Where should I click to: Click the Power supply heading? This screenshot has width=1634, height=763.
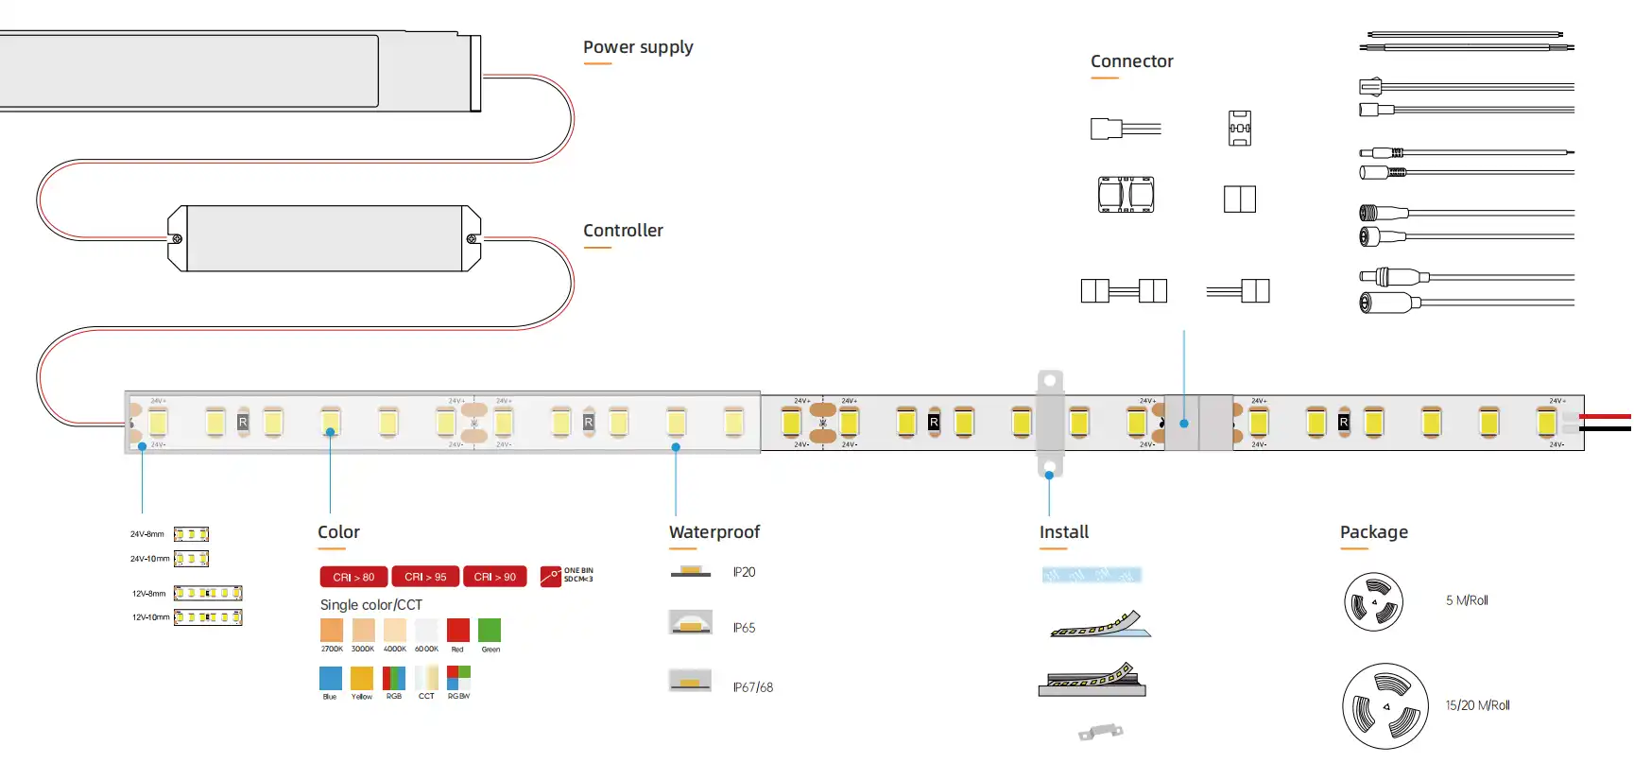[638, 47]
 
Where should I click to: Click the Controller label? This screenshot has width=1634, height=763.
[623, 231]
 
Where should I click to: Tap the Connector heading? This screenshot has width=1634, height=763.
[1131, 61]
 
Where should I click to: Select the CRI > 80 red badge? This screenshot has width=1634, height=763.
[353, 577]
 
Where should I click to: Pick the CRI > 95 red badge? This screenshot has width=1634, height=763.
[425, 577]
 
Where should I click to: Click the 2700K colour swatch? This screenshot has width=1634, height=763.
[332, 631]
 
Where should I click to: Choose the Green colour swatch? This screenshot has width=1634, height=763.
[490, 631]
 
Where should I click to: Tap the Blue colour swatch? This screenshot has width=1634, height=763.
[330, 678]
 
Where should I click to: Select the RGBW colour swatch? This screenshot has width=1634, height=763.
[458, 678]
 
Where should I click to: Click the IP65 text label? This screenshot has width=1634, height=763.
[744, 628]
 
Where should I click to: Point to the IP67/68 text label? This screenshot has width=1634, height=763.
[752, 687]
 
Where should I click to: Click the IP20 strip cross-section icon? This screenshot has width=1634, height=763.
[691, 571]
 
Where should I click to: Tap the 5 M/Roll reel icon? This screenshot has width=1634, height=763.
[1373, 602]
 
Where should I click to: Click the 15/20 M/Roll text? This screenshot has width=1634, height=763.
[1477, 705]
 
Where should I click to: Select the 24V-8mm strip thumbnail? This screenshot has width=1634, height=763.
[191, 534]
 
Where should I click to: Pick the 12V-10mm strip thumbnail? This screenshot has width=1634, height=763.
[208, 617]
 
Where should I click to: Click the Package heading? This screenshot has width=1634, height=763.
[1373, 532]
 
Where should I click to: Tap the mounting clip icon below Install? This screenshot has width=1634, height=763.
[1100, 732]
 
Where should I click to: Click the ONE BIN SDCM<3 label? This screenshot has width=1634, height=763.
[577, 575]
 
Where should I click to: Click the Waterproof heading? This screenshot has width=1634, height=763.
[714, 532]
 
